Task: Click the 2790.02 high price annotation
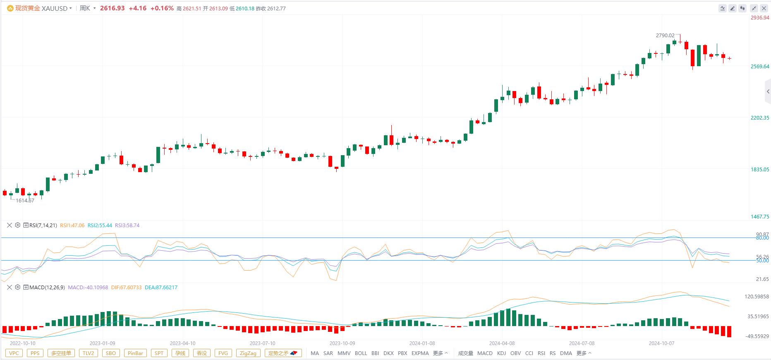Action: tap(665, 36)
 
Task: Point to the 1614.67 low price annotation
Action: tap(25, 200)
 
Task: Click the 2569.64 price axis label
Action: tap(760, 66)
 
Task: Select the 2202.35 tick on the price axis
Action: tap(760, 118)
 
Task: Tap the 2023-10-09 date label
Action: tap(342, 343)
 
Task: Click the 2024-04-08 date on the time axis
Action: tap(502, 343)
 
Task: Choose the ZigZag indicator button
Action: tap(248, 353)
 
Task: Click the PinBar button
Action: tap(135, 353)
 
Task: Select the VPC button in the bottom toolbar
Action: tap(14, 353)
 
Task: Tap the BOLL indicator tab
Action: tap(361, 353)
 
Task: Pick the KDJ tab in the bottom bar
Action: tap(501, 353)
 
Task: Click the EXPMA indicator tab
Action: tap(420, 353)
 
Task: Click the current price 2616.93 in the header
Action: tap(112, 8)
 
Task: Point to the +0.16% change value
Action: tap(162, 8)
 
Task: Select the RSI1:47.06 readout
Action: tap(72, 226)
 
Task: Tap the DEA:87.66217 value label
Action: tap(161, 288)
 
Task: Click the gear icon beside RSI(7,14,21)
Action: tap(17, 226)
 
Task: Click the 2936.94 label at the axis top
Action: tap(760, 18)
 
